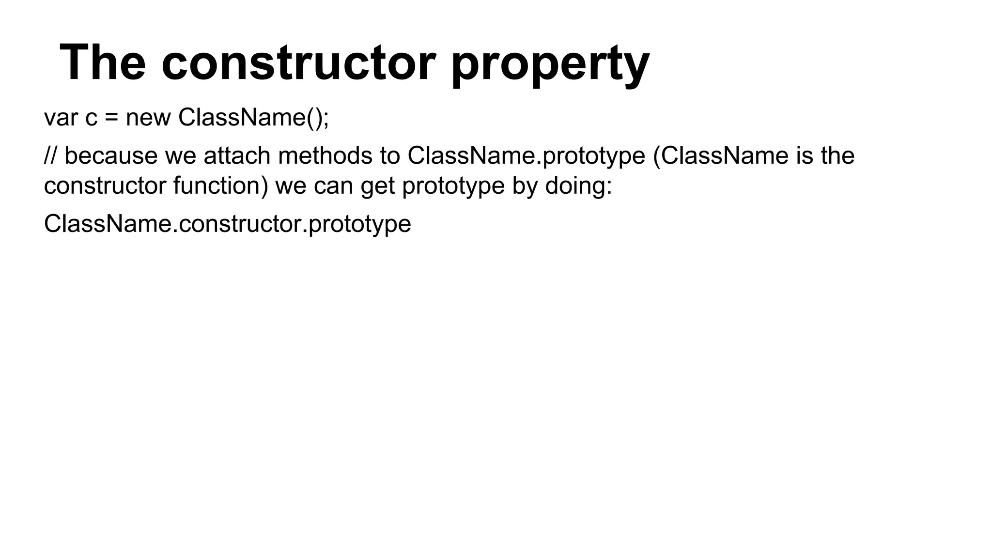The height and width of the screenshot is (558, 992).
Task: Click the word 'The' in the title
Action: [103, 63]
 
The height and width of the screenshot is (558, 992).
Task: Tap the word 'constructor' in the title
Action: [298, 63]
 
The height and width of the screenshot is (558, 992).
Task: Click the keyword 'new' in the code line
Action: [148, 118]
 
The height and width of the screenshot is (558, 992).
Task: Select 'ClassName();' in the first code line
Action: [253, 118]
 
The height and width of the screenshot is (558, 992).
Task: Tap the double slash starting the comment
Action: [50, 155]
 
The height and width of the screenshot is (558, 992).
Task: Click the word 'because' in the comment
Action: [111, 155]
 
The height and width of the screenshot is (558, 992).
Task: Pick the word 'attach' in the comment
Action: [237, 155]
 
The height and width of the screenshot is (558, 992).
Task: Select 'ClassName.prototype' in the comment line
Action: [526, 156]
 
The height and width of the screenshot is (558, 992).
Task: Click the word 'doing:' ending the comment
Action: [579, 186]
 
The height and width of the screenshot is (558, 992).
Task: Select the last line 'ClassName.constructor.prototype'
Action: [227, 224]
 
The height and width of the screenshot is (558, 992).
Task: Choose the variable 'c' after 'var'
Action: [92, 119]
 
